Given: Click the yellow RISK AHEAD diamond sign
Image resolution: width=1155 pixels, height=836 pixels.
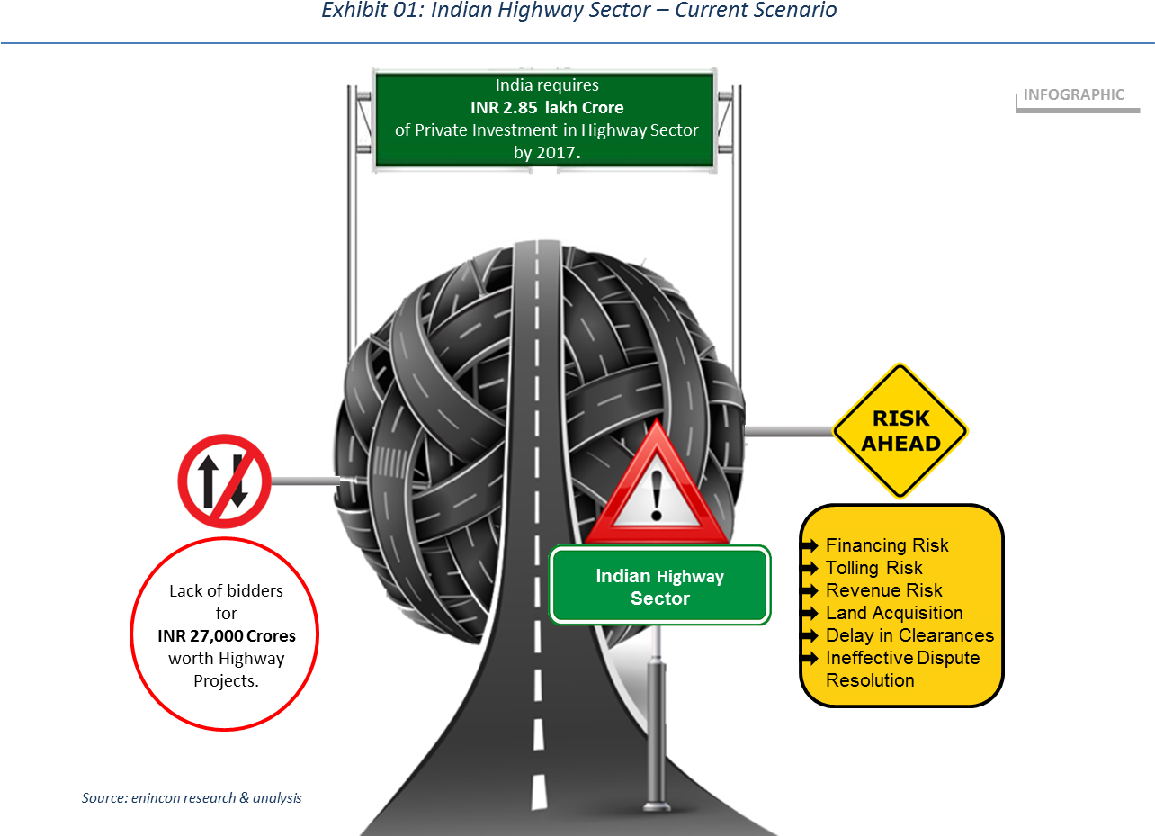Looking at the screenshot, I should [900, 431].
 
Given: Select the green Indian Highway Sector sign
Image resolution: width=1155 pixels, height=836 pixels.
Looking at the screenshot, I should [660, 586].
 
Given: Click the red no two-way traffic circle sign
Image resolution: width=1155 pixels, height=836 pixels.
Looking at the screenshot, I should [224, 481].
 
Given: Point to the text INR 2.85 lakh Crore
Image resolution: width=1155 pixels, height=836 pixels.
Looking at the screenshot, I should [546, 108].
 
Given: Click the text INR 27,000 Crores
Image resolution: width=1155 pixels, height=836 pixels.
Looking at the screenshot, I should [226, 636].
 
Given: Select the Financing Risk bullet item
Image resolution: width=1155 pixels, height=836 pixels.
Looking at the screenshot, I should [886, 545].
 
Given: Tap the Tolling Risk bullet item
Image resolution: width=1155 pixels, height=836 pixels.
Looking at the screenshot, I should [873, 568].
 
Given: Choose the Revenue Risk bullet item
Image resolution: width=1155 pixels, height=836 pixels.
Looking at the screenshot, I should [883, 590].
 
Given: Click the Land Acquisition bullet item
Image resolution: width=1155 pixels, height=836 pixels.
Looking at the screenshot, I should [893, 613].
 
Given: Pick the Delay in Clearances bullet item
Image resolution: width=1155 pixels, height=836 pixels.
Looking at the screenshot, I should [909, 635].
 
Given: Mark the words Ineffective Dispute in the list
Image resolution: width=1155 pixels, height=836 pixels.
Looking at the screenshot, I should [902, 658].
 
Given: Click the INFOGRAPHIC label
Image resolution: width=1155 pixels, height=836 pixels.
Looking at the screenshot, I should [1073, 94].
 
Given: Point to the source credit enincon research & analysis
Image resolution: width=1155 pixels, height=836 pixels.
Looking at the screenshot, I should [192, 797].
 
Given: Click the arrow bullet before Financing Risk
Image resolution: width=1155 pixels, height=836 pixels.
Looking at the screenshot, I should [811, 545].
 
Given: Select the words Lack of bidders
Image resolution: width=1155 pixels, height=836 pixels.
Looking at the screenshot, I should [226, 591].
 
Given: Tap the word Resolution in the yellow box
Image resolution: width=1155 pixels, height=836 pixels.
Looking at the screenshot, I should [870, 680].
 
